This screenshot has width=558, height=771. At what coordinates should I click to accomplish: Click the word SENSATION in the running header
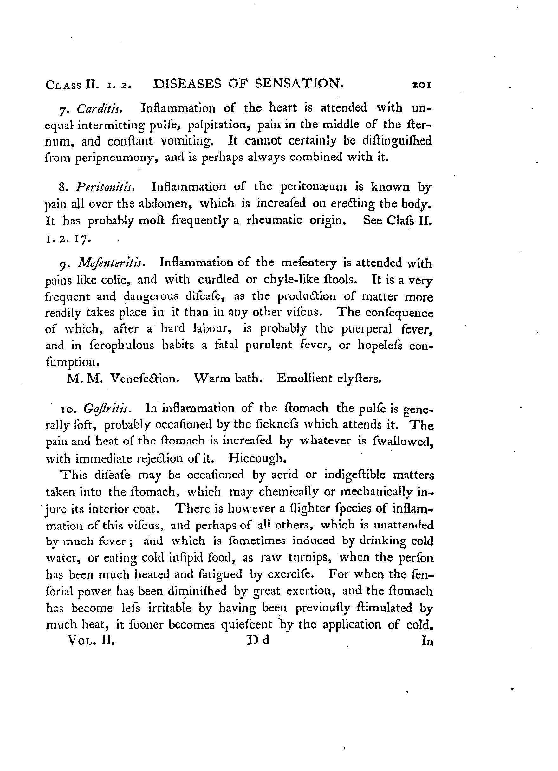[299, 84]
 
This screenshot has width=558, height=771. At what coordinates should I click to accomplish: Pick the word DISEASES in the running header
[187, 84]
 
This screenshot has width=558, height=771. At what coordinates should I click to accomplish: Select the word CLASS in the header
[64, 85]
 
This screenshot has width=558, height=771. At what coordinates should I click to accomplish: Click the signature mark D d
[258, 640]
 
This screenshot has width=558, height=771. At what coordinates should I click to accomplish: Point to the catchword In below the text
[427, 641]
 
